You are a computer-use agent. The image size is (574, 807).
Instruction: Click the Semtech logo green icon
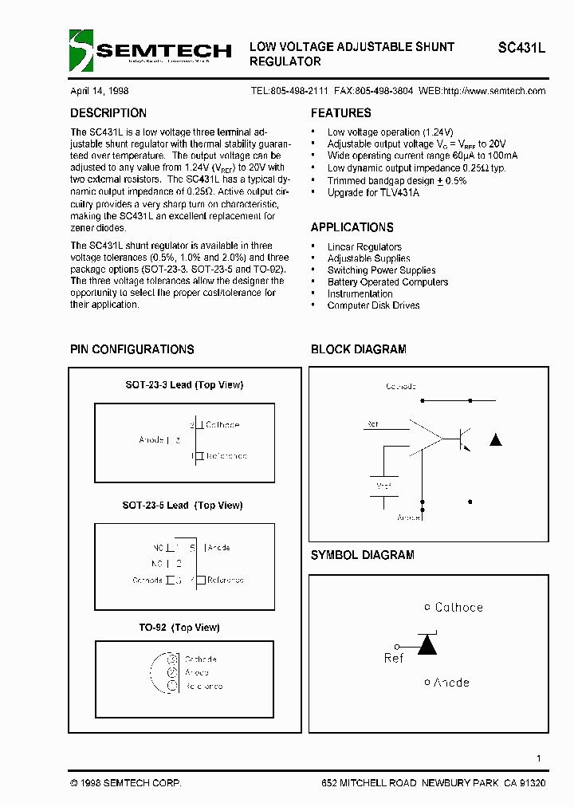[81, 50]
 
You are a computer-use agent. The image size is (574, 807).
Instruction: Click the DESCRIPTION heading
[108, 113]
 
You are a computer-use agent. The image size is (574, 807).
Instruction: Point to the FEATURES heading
[340, 113]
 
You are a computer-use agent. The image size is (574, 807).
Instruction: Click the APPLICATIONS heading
[352, 227]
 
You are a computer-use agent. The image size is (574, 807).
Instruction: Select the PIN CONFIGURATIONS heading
[132, 349]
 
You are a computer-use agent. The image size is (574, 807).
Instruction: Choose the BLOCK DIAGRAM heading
[358, 349]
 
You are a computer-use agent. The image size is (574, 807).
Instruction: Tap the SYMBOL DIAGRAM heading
[362, 555]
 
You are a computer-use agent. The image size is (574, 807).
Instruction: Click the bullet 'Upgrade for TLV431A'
[373, 193]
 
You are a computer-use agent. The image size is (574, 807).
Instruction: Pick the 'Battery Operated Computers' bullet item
[387, 282]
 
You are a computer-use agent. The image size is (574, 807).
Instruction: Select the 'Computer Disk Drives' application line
[373, 305]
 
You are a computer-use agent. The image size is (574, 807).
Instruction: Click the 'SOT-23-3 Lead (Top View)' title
[184, 385]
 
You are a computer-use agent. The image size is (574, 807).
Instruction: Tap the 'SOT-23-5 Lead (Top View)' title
[183, 506]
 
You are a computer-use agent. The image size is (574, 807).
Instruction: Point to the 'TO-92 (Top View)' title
[179, 628]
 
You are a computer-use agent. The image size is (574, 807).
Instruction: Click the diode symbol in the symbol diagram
[428, 644]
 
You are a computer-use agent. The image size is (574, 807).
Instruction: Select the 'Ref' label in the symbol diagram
[394, 658]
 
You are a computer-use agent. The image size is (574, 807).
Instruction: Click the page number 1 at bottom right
[539, 758]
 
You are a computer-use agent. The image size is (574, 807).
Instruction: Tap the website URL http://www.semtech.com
[493, 91]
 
